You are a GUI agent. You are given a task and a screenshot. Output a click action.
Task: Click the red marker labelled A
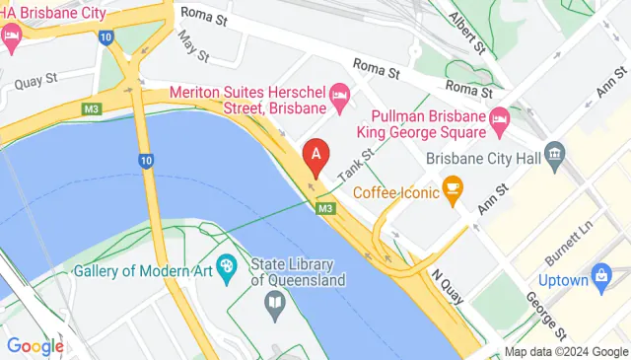click(315, 154)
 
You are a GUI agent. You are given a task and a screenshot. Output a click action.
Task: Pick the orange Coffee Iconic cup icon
click(454, 189)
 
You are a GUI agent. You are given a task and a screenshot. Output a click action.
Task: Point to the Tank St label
click(356, 164)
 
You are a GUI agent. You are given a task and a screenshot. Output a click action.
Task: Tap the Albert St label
click(468, 34)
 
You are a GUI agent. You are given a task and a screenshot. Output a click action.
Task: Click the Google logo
click(35, 346)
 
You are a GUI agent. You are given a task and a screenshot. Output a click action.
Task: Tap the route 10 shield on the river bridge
click(146, 160)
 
